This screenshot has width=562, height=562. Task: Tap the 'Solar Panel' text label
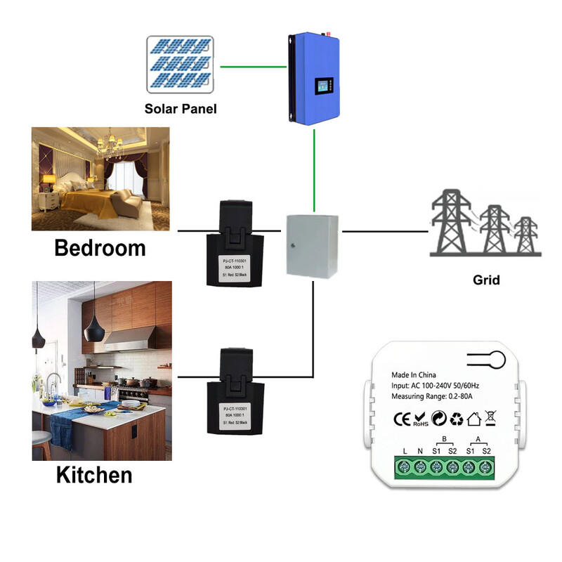point(181,109)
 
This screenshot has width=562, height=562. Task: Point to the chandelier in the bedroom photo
point(109,147)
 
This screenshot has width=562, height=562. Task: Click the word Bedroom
point(100,248)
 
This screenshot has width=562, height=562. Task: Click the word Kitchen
point(94,475)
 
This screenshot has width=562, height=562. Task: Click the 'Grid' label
point(486,280)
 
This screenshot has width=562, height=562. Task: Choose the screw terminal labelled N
point(419,468)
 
